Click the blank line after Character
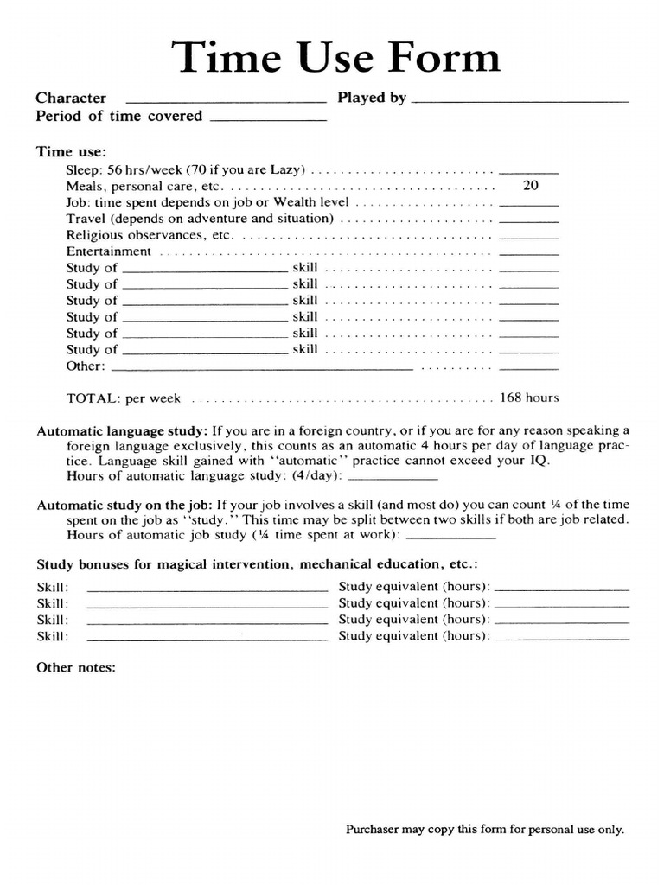226,102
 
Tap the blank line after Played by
520,102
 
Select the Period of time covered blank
268,120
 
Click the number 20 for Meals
530,186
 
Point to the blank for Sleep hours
529,173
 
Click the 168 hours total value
529,398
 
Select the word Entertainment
109,251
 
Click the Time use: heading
71,151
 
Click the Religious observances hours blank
529,238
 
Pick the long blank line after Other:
263,369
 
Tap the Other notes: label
75,668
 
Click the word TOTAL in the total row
93,398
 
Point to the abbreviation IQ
539,461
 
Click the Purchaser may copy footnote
484,829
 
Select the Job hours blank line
529,205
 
